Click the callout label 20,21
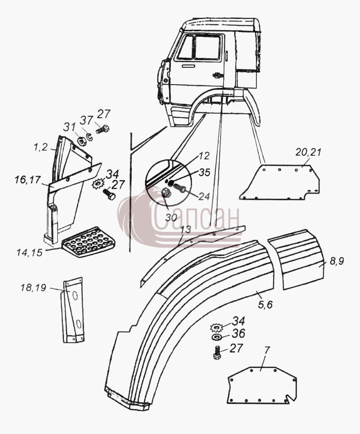308,152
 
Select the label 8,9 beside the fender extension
336,260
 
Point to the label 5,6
265,304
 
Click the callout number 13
186,230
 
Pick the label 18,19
33,288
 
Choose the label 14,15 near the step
30,252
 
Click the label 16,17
28,181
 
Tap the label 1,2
41,148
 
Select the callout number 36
239,334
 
